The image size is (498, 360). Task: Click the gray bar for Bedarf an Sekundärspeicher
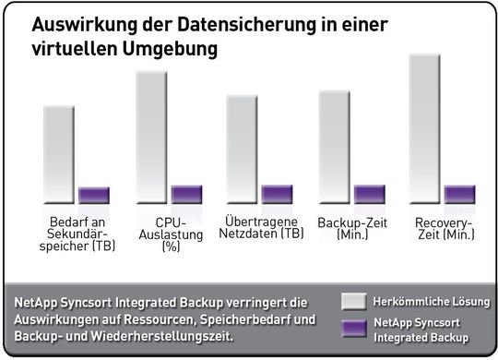point(59,154)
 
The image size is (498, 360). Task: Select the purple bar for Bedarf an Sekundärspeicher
point(94,195)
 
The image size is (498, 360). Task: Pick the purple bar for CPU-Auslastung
point(186,194)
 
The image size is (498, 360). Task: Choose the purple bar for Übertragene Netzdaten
point(277,194)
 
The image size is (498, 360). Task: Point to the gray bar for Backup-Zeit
point(334,147)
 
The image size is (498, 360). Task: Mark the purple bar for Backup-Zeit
point(369,194)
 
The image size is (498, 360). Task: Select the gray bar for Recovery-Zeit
point(424,128)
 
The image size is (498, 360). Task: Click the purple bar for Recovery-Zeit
point(459,194)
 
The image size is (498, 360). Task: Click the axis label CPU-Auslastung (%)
point(172,234)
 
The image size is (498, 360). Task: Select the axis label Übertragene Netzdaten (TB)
point(264,227)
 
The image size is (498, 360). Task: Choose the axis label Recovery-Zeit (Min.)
point(445,229)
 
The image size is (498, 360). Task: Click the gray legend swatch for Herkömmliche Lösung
point(354,302)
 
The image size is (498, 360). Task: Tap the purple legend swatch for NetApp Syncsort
point(354,330)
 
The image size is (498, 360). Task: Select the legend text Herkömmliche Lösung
point(431,302)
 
